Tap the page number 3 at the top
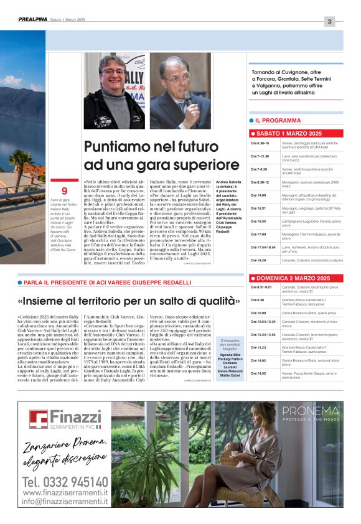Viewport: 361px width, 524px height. coord(329,22)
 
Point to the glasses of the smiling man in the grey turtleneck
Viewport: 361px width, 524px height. coord(113,72)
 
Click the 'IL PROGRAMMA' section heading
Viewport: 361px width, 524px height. coord(278,120)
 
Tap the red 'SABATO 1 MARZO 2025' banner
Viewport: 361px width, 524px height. coord(289,134)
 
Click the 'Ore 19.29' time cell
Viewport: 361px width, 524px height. coord(259,260)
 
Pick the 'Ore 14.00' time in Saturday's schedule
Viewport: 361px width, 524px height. coord(258,195)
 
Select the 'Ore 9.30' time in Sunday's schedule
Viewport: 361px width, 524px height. coord(257,300)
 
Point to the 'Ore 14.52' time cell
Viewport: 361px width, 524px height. coord(258,373)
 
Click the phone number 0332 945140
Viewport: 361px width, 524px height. coord(65,482)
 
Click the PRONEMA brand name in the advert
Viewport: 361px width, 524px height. coord(310,411)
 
